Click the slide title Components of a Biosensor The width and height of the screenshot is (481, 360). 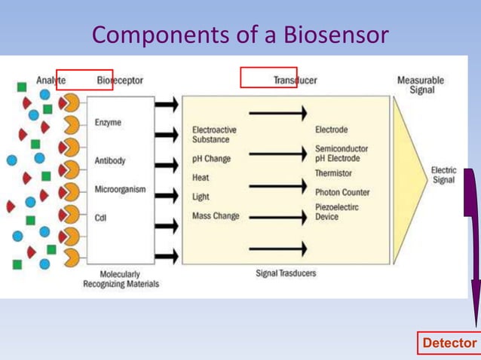coord(240,34)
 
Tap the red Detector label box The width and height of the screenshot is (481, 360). coord(449,343)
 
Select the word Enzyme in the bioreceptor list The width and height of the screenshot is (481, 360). coord(108,123)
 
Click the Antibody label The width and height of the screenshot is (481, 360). coord(110,160)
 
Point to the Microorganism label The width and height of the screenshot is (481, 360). coord(120,189)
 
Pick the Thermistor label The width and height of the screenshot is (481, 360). coord(333,173)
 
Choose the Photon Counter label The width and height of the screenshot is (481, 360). coord(342,192)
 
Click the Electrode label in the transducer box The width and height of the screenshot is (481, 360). coord(331,130)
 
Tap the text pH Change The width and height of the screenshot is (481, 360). coord(211,159)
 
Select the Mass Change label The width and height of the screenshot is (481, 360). coord(216,216)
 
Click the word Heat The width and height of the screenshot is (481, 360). coord(201,178)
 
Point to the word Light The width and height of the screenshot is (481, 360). coord(201,197)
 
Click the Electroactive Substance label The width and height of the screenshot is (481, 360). coord(214,135)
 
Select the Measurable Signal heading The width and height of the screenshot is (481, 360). coord(421,85)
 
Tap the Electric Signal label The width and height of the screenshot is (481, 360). coord(443,175)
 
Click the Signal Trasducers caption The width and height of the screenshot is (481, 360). coord(286,273)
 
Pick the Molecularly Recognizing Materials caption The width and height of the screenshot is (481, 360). coord(121,279)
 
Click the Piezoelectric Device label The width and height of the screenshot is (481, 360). coord(336,212)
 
